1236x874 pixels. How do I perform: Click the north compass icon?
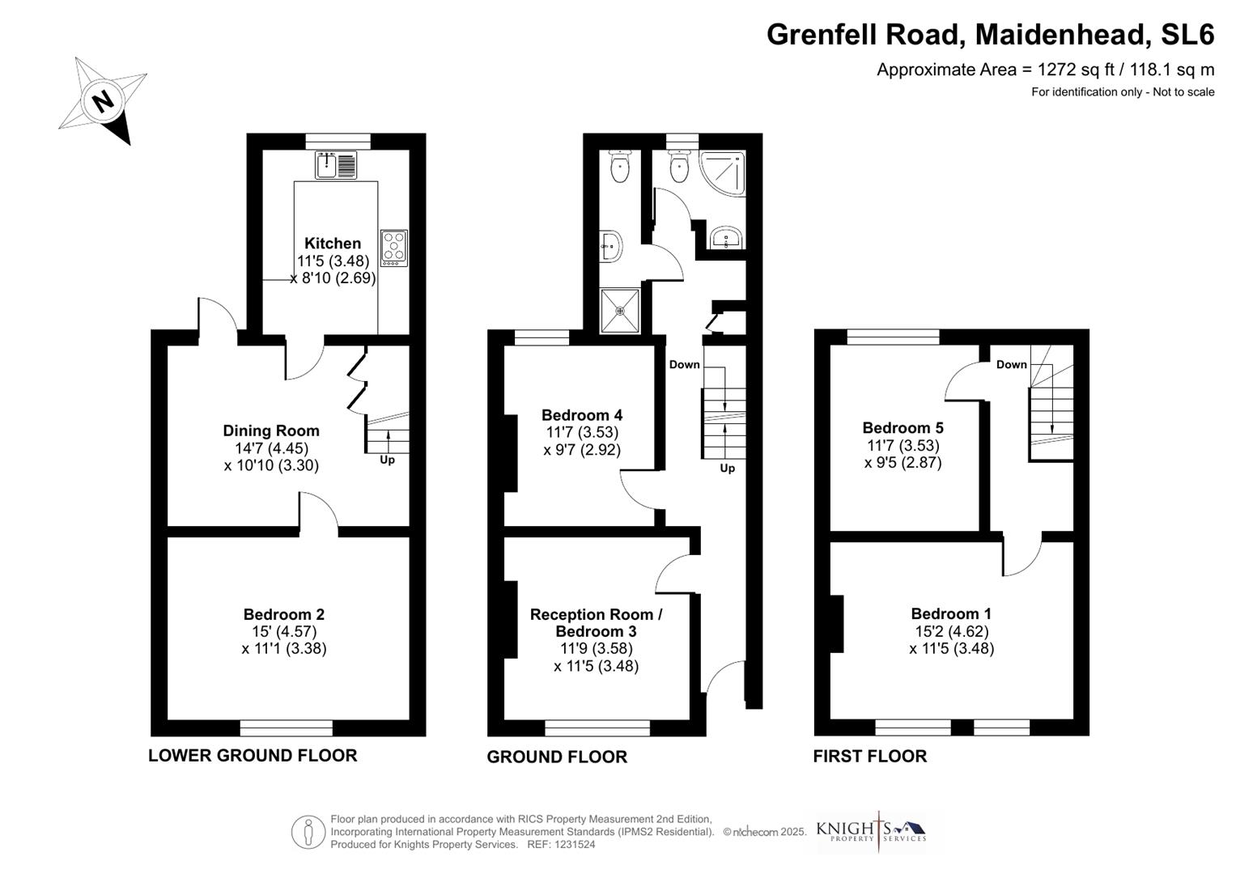(x=103, y=101)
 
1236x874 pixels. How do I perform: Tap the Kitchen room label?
(x=333, y=243)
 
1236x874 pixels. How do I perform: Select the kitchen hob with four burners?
(x=394, y=248)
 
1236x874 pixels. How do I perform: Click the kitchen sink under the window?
(x=336, y=165)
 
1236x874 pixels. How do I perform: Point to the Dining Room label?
(x=271, y=431)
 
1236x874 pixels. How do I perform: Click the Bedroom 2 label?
(x=284, y=614)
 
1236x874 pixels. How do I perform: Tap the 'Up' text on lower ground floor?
(x=388, y=460)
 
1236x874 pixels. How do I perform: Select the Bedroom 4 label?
(x=582, y=415)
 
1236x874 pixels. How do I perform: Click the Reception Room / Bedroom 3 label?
(x=597, y=622)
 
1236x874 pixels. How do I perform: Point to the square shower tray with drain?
(x=620, y=310)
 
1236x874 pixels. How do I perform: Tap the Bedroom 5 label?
(x=903, y=427)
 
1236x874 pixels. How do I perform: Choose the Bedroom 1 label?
(x=951, y=613)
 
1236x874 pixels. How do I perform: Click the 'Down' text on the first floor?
(x=1011, y=364)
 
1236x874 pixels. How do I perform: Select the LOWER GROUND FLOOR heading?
(x=253, y=755)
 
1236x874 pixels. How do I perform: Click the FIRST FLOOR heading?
(x=870, y=756)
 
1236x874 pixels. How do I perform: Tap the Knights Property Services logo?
(x=871, y=831)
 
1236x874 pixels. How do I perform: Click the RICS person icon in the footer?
(x=308, y=832)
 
